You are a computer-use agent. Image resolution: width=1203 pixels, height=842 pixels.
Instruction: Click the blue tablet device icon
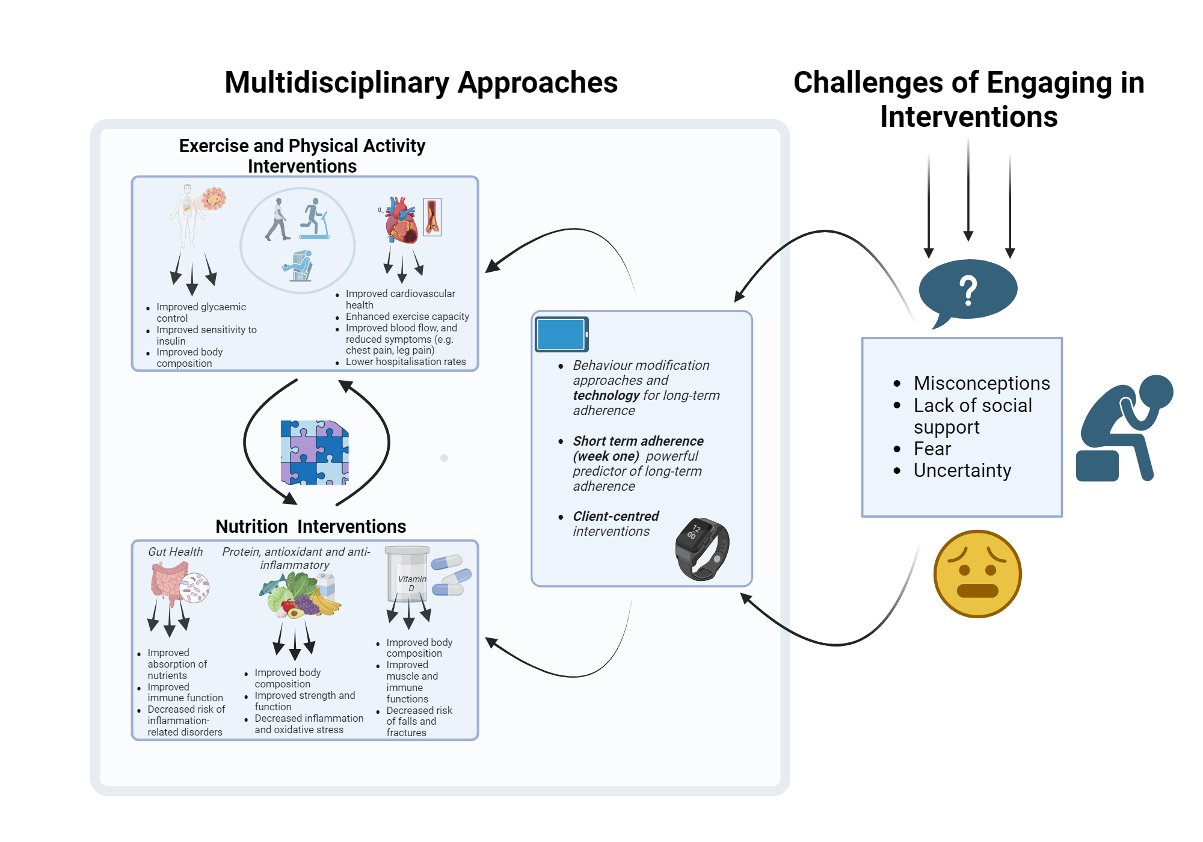pos(561,334)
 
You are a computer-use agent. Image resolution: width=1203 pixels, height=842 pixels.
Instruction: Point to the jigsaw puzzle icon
pos(315,452)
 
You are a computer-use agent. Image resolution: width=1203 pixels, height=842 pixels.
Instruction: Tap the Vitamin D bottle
pos(408,575)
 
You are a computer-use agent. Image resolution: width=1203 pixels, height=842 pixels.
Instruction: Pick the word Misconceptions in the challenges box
pos(982,383)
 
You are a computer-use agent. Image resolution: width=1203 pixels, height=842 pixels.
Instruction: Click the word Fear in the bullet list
pos(932,449)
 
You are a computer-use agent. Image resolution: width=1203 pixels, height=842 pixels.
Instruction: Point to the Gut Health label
pos(175,552)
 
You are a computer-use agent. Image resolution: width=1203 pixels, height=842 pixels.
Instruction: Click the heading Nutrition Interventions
pos(310,526)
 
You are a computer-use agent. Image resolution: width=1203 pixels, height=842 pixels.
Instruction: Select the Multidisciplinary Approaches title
pos(421,82)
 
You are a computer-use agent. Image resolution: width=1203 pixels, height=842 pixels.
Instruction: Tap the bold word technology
pos(606,395)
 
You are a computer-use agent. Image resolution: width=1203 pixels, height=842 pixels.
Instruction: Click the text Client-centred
pos(615,516)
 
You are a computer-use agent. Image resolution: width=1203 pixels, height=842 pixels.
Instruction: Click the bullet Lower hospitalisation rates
pos(405,361)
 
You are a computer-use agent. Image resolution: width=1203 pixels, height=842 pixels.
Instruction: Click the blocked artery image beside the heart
pos(432,217)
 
